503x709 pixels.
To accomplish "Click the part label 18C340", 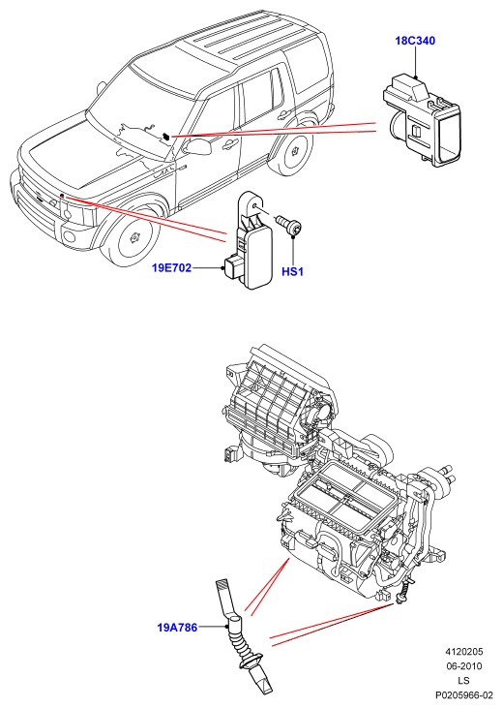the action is point(415,41).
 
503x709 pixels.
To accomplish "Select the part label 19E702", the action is point(171,268).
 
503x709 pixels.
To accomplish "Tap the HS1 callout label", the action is point(292,272).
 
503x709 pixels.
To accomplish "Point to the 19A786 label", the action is point(177,628).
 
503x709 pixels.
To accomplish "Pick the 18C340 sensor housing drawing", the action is point(422,120).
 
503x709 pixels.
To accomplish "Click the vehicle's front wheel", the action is point(134,237).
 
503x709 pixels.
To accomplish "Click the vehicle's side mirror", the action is point(197,146).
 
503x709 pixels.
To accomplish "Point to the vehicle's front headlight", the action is point(79,212).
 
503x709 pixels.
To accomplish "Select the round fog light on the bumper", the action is point(69,236).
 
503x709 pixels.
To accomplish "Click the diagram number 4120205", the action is point(464,652).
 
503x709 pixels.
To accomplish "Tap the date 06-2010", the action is point(464,666).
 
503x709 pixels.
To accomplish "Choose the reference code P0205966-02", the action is point(464,695).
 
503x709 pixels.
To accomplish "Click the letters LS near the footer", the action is point(463,681).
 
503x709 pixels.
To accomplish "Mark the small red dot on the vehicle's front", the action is point(61,196).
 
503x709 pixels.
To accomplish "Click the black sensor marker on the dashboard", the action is point(166,136).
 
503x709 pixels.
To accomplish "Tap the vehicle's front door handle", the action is point(231,143).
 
